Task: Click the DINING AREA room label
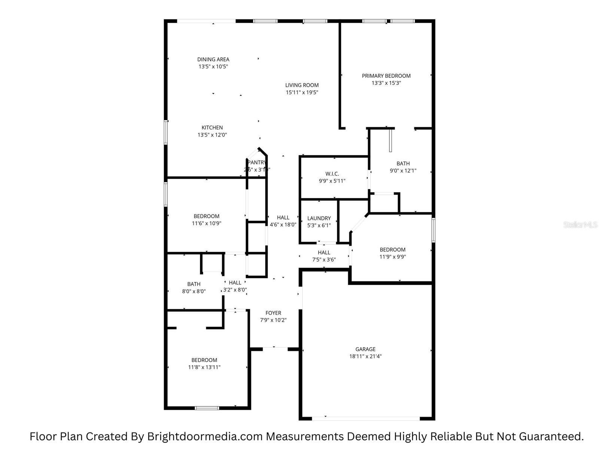click(213, 59)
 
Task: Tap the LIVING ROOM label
click(302, 85)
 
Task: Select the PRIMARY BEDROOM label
click(386, 76)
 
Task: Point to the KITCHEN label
click(212, 128)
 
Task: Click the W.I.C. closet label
click(332, 174)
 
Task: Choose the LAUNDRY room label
click(319, 219)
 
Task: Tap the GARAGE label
click(365, 349)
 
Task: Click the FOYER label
click(273, 313)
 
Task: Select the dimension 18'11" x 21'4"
click(365, 357)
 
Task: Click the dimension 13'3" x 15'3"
click(386, 83)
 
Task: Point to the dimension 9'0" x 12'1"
click(403, 171)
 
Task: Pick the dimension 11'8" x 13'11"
click(204, 367)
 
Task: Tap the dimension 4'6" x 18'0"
click(283, 225)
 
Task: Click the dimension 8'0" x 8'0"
click(194, 291)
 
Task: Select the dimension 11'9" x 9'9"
click(392, 257)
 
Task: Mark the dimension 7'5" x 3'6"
click(324, 260)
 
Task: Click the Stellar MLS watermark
click(580, 225)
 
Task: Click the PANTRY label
click(257, 162)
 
